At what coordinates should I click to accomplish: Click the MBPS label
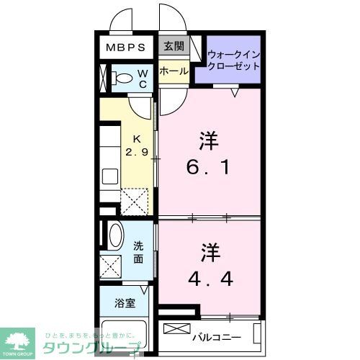(x=127, y=48)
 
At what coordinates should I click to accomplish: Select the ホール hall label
(x=174, y=71)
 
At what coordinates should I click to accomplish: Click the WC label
(x=143, y=78)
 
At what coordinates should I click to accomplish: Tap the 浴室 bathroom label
(x=124, y=303)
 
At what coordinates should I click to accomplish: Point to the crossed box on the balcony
(x=175, y=330)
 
